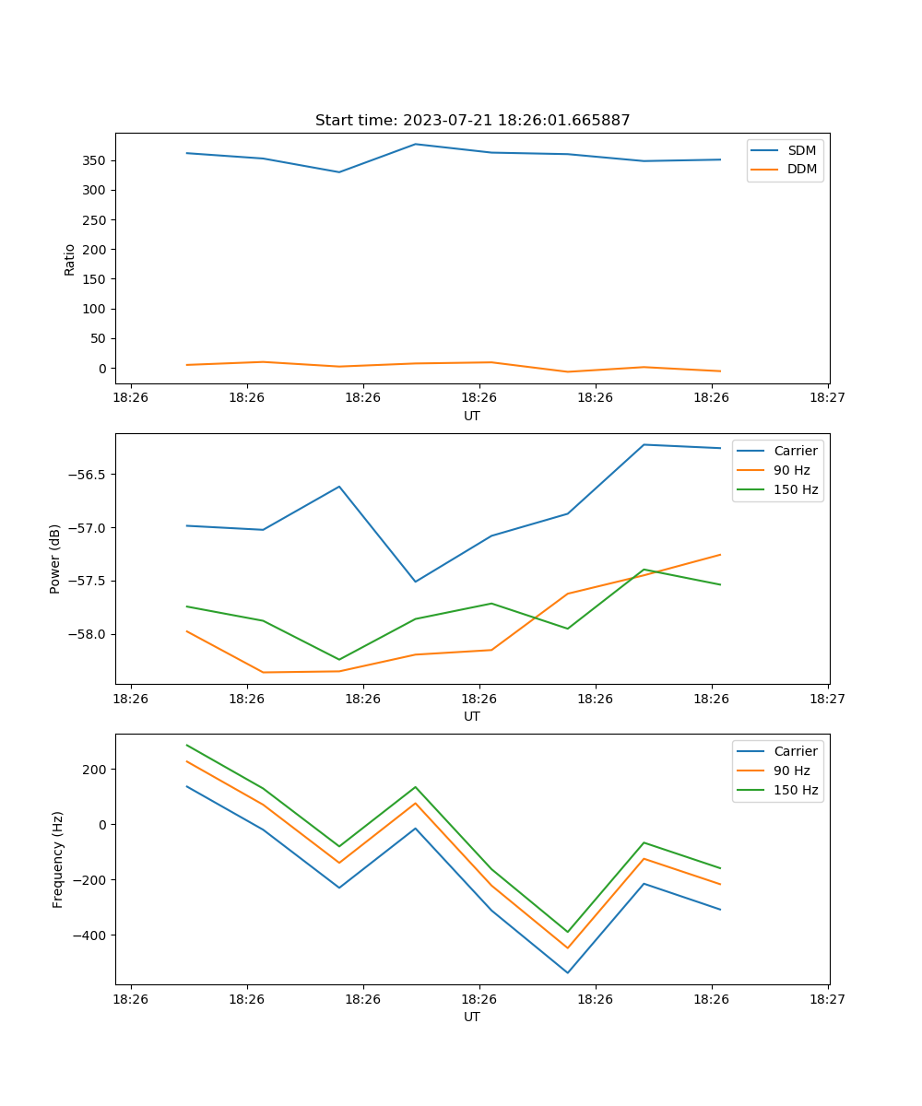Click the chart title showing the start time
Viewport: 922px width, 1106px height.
(472, 121)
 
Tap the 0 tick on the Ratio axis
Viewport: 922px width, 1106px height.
(103, 368)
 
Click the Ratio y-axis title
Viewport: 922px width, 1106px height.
(69, 258)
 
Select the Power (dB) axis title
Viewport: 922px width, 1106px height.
(55, 559)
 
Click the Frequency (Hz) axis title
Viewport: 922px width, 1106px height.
(57, 859)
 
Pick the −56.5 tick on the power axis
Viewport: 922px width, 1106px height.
(87, 475)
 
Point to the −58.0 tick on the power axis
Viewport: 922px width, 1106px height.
(87, 634)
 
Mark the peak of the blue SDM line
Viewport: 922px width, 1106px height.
(415, 144)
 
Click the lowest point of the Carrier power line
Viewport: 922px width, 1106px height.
(415, 582)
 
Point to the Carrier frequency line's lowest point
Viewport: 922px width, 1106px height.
(567, 972)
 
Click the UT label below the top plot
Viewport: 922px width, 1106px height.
(472, 416)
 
